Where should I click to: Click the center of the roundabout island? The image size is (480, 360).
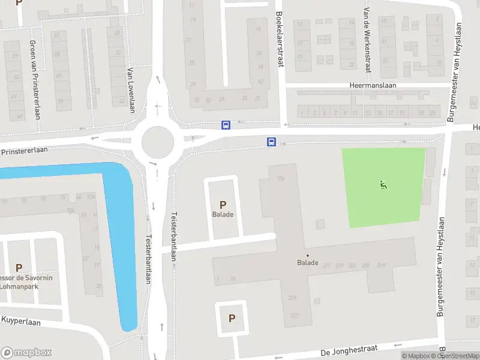point(158,143)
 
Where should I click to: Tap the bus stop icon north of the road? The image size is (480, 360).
point(226,125)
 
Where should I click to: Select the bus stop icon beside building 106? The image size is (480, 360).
point(271,142)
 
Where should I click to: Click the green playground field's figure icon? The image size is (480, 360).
point(383,185)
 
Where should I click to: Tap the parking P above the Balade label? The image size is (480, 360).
point(223,205)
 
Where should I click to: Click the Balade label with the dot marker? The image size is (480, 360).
point(307,263)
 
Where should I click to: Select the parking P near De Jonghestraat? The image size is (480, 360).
point(232,319)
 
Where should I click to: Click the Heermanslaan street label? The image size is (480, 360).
point(373,86)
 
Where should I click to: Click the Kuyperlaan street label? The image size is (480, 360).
point(20,322)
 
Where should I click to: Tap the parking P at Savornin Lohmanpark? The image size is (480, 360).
point(19,268)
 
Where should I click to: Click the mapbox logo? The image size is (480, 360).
point(26,353)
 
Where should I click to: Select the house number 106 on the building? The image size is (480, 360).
point(281,178)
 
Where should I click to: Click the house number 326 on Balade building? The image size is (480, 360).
point(293,298)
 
